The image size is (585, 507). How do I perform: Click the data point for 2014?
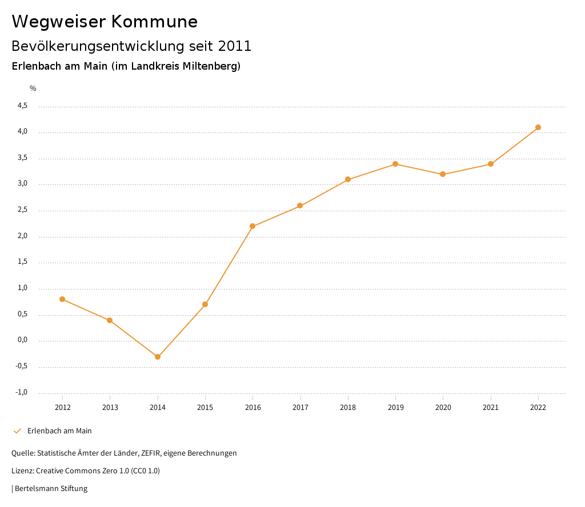point(158,357)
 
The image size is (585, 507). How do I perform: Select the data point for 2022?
point(538,127)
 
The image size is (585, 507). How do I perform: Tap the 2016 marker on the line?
point(253,226)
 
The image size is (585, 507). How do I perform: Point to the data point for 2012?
point(62,299)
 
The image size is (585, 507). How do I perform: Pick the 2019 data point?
point(395,164)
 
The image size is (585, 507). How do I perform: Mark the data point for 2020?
point(443,174)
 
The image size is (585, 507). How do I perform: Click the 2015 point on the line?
point(205,304)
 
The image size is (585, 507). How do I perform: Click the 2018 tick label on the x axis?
point(348,407)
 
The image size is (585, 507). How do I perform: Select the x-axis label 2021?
point(491,407)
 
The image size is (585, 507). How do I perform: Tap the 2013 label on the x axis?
point(110,407)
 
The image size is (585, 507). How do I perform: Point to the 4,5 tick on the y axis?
point(22,106)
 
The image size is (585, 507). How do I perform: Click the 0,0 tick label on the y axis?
point(22,340)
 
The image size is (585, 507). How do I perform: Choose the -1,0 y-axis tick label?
point(21,392)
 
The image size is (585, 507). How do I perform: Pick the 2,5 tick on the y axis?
point(22,210)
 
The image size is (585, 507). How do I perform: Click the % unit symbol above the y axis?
point(33,88)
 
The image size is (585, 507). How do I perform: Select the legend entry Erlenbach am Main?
point(59,430)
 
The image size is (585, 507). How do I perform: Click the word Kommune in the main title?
point(154,21)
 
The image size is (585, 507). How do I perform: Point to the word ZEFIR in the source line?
point(150,453)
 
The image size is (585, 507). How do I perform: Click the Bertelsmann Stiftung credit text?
point(51,488)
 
